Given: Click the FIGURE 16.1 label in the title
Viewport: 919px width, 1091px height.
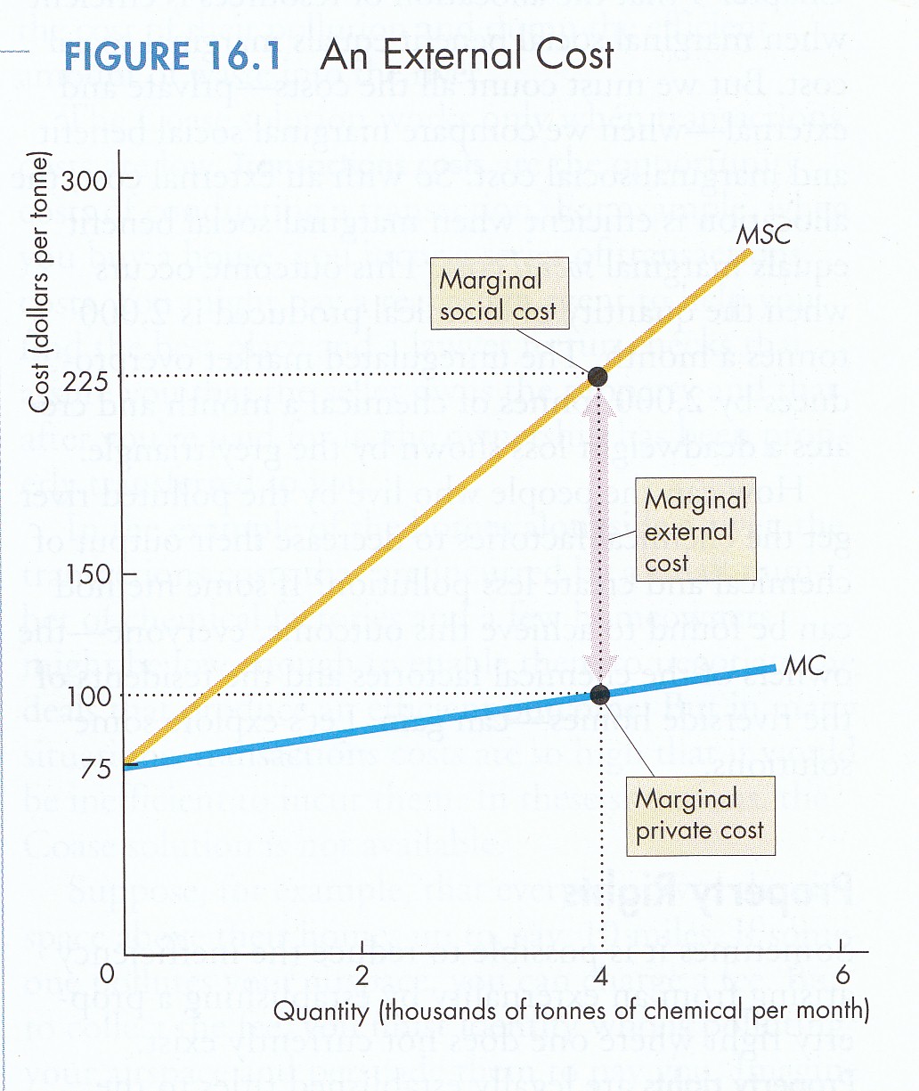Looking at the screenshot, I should coord(172,55).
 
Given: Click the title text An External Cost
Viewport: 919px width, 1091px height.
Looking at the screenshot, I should coord(468,55).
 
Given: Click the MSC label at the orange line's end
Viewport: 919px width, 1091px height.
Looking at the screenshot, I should coord(763,237).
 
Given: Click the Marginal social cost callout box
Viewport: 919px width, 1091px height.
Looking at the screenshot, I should coord(498,295).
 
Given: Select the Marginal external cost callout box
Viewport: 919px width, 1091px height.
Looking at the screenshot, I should coord(695,531).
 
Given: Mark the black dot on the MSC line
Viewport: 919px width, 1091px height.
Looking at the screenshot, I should coord(598,378).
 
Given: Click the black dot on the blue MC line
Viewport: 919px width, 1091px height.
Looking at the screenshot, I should coord(600,695).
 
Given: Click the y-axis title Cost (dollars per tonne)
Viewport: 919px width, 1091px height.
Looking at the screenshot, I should coord(38,283).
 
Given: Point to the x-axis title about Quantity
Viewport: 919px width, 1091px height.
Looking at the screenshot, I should coord(571,1011).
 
